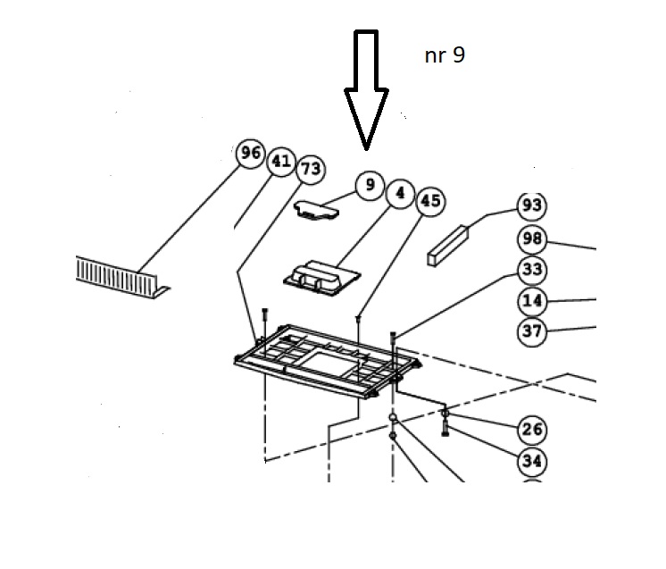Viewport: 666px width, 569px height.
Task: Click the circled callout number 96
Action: (x=251, y=153)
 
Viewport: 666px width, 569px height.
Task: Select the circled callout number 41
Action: (x=281, y=162)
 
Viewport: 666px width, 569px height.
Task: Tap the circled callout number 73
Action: (x=311, y=170)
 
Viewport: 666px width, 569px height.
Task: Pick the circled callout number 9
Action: (x=370, y=185)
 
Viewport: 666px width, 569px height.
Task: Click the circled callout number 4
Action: (x=400, y=194)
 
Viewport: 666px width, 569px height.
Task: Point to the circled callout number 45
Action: (x=430, y=201)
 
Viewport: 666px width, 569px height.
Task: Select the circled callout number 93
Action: (x=532, y=206)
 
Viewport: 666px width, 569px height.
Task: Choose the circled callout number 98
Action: (x=532, y=239)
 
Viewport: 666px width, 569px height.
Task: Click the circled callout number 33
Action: (x=532, y=271)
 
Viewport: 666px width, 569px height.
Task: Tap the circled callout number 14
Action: (x=532, y=301)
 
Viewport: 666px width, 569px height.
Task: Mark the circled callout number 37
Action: (x=532, y=331)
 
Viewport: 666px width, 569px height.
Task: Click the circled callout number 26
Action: (x=532, y=430)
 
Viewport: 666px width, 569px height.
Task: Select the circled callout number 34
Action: (x=532, y=461)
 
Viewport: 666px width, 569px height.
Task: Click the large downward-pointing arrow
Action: (x=366, y=89)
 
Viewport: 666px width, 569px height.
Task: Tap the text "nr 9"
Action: (x=445, y=55)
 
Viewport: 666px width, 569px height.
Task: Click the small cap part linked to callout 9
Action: (x=316, y=210)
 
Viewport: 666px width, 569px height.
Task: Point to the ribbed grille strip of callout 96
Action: (x=121, y=277)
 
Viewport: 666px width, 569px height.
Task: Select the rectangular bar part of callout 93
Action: (x=447, y=246)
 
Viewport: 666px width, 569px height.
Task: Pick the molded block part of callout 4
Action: (x=321, y=278)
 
